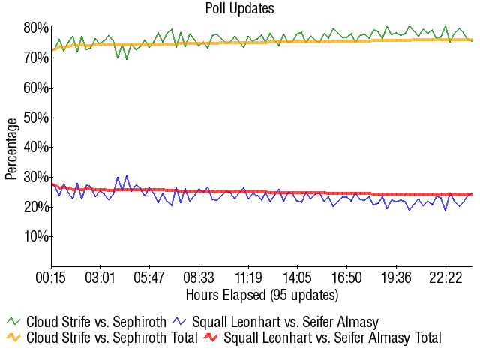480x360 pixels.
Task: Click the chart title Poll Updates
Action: coord(240,9)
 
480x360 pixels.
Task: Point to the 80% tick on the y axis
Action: coord(36,28)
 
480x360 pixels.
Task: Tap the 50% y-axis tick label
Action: coord(36,118)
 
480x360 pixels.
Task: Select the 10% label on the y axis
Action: coord(36,237)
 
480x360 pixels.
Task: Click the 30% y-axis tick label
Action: coord(36,177)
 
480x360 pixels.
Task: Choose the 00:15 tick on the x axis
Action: coord(51,278)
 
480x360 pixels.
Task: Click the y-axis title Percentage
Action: coord(11,148)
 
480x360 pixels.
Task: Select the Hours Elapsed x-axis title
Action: coord(262,294)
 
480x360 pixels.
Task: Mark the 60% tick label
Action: coord(36,88)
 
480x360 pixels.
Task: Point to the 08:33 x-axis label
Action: coord(199,278)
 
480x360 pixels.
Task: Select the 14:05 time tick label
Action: coord(298,278)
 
